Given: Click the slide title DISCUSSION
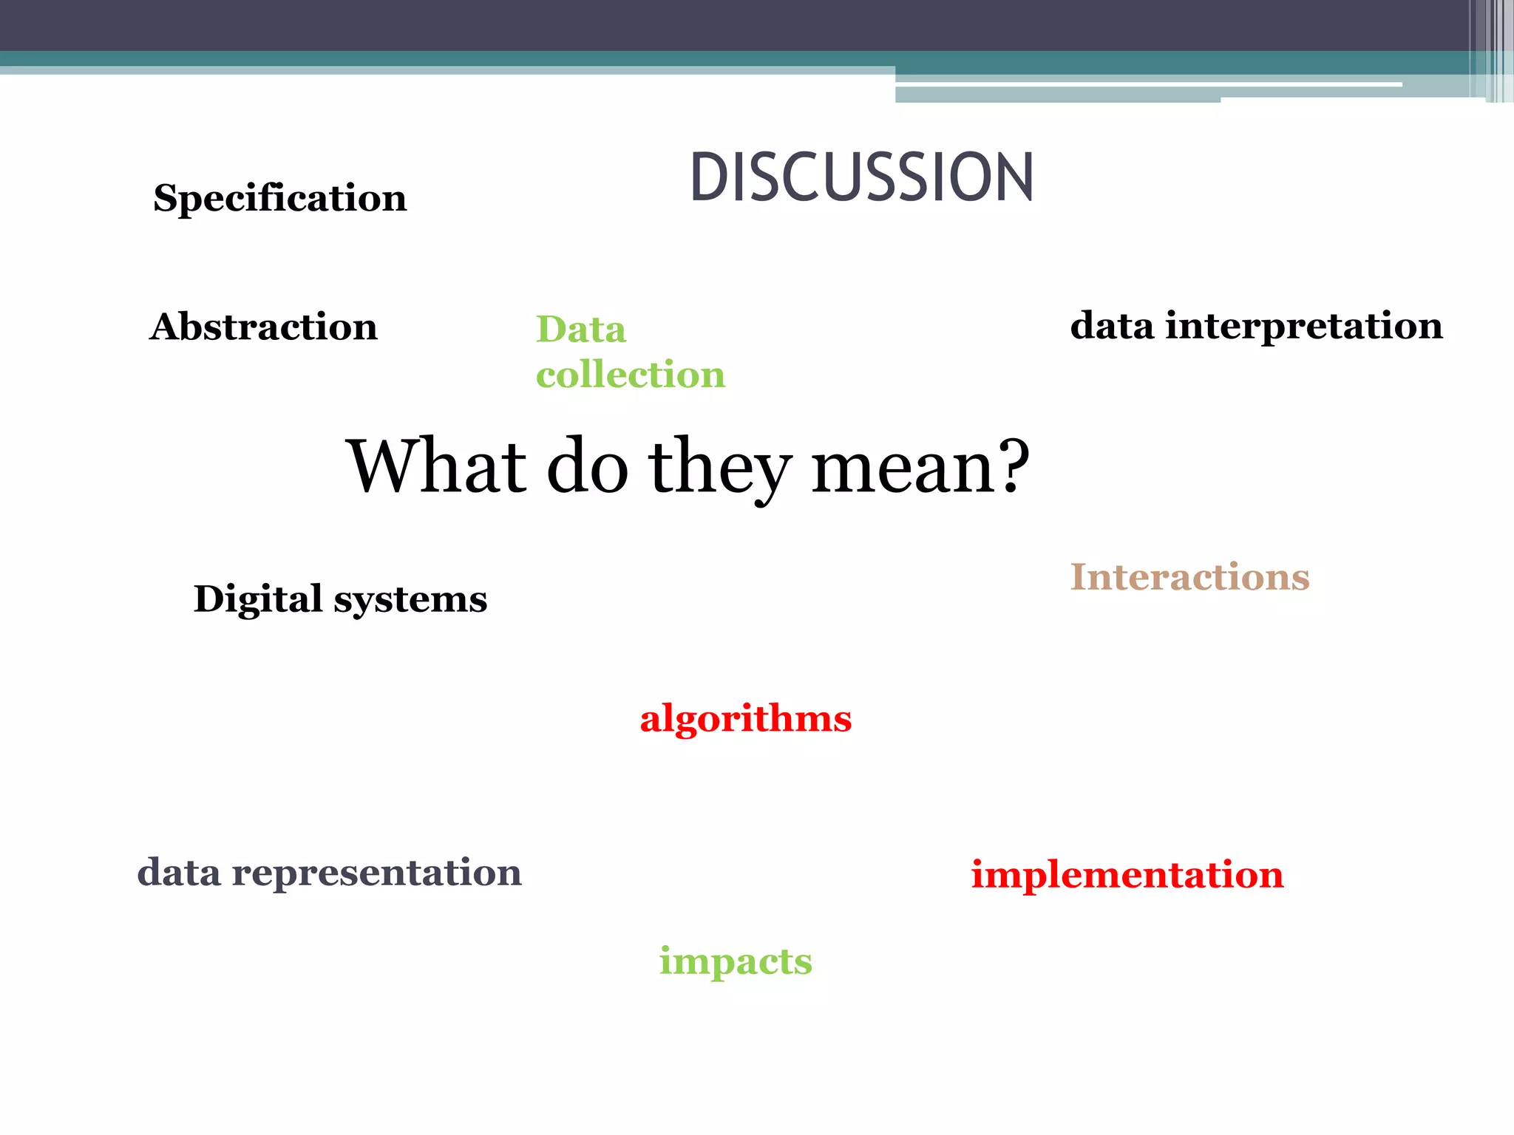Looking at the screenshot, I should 861,177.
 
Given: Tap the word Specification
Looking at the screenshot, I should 279,199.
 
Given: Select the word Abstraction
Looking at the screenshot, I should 263,327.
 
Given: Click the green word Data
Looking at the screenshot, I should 581,330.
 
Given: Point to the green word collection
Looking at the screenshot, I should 631,375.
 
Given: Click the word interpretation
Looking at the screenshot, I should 1304,327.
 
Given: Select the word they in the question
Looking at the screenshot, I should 719,468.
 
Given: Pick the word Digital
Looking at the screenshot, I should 257,599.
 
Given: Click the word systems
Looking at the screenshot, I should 410,599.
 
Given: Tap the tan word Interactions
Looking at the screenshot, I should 1189,577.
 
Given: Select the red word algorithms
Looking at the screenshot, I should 746,719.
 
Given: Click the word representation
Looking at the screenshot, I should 376,873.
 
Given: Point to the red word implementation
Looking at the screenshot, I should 1127,875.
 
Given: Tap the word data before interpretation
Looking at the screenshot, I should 1112,327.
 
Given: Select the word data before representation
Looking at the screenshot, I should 179,873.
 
